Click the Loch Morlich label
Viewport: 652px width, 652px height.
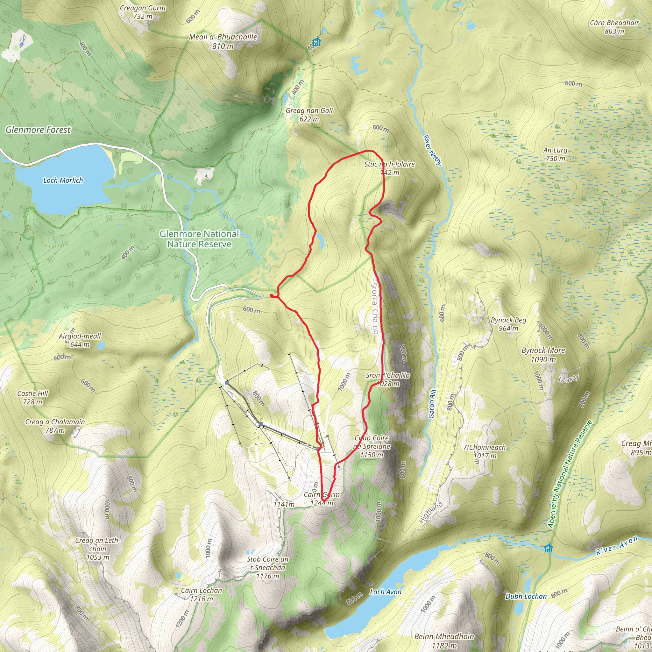(x=63, y=180)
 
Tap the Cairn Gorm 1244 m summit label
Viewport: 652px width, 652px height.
(x=322, y=499)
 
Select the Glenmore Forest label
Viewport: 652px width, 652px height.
(x=38, y=130)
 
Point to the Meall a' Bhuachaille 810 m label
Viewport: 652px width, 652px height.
(x=223, y=41)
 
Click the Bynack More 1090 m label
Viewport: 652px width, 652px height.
(x=543, y=355)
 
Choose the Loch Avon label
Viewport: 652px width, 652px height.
(x=386, y=592)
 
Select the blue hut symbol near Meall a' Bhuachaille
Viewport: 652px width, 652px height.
(x=316, y=42)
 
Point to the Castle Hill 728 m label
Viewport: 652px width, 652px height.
(x=33, y=398)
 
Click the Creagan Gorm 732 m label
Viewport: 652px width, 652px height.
(x=143, y=12)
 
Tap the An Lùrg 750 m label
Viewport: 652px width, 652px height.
(x=555, y=154)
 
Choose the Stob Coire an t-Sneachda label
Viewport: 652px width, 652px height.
(x=267, y=568)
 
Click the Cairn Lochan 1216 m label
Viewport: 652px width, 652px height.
(x=202, y=595)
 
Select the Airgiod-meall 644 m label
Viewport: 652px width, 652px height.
(x=80, y=340)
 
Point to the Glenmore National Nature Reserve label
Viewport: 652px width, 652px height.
(x=199, y=239)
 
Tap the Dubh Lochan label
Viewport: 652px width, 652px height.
(x=526, y=596)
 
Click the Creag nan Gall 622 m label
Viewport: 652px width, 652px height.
(x=309, y=115)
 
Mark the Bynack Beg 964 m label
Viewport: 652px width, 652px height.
(x=508, y=324)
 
